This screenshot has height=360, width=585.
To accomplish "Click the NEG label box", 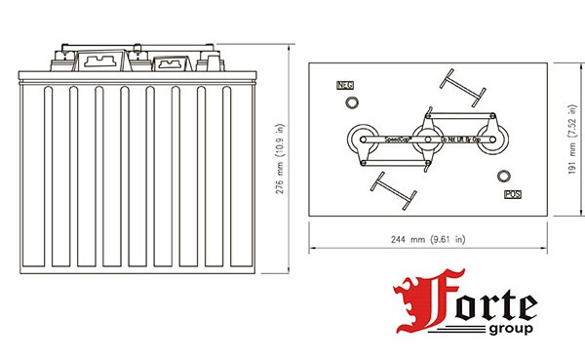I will [x=343, y=87].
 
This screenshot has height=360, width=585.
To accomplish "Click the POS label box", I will [x=512, y=194].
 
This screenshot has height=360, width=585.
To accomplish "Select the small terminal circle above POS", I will [x=503, y=177].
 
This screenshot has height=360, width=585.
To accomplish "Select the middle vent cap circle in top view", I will [x=424, y=140].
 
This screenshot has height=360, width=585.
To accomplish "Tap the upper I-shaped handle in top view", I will [x=460, y=87].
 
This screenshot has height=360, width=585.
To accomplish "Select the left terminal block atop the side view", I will [x=97, y=61].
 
